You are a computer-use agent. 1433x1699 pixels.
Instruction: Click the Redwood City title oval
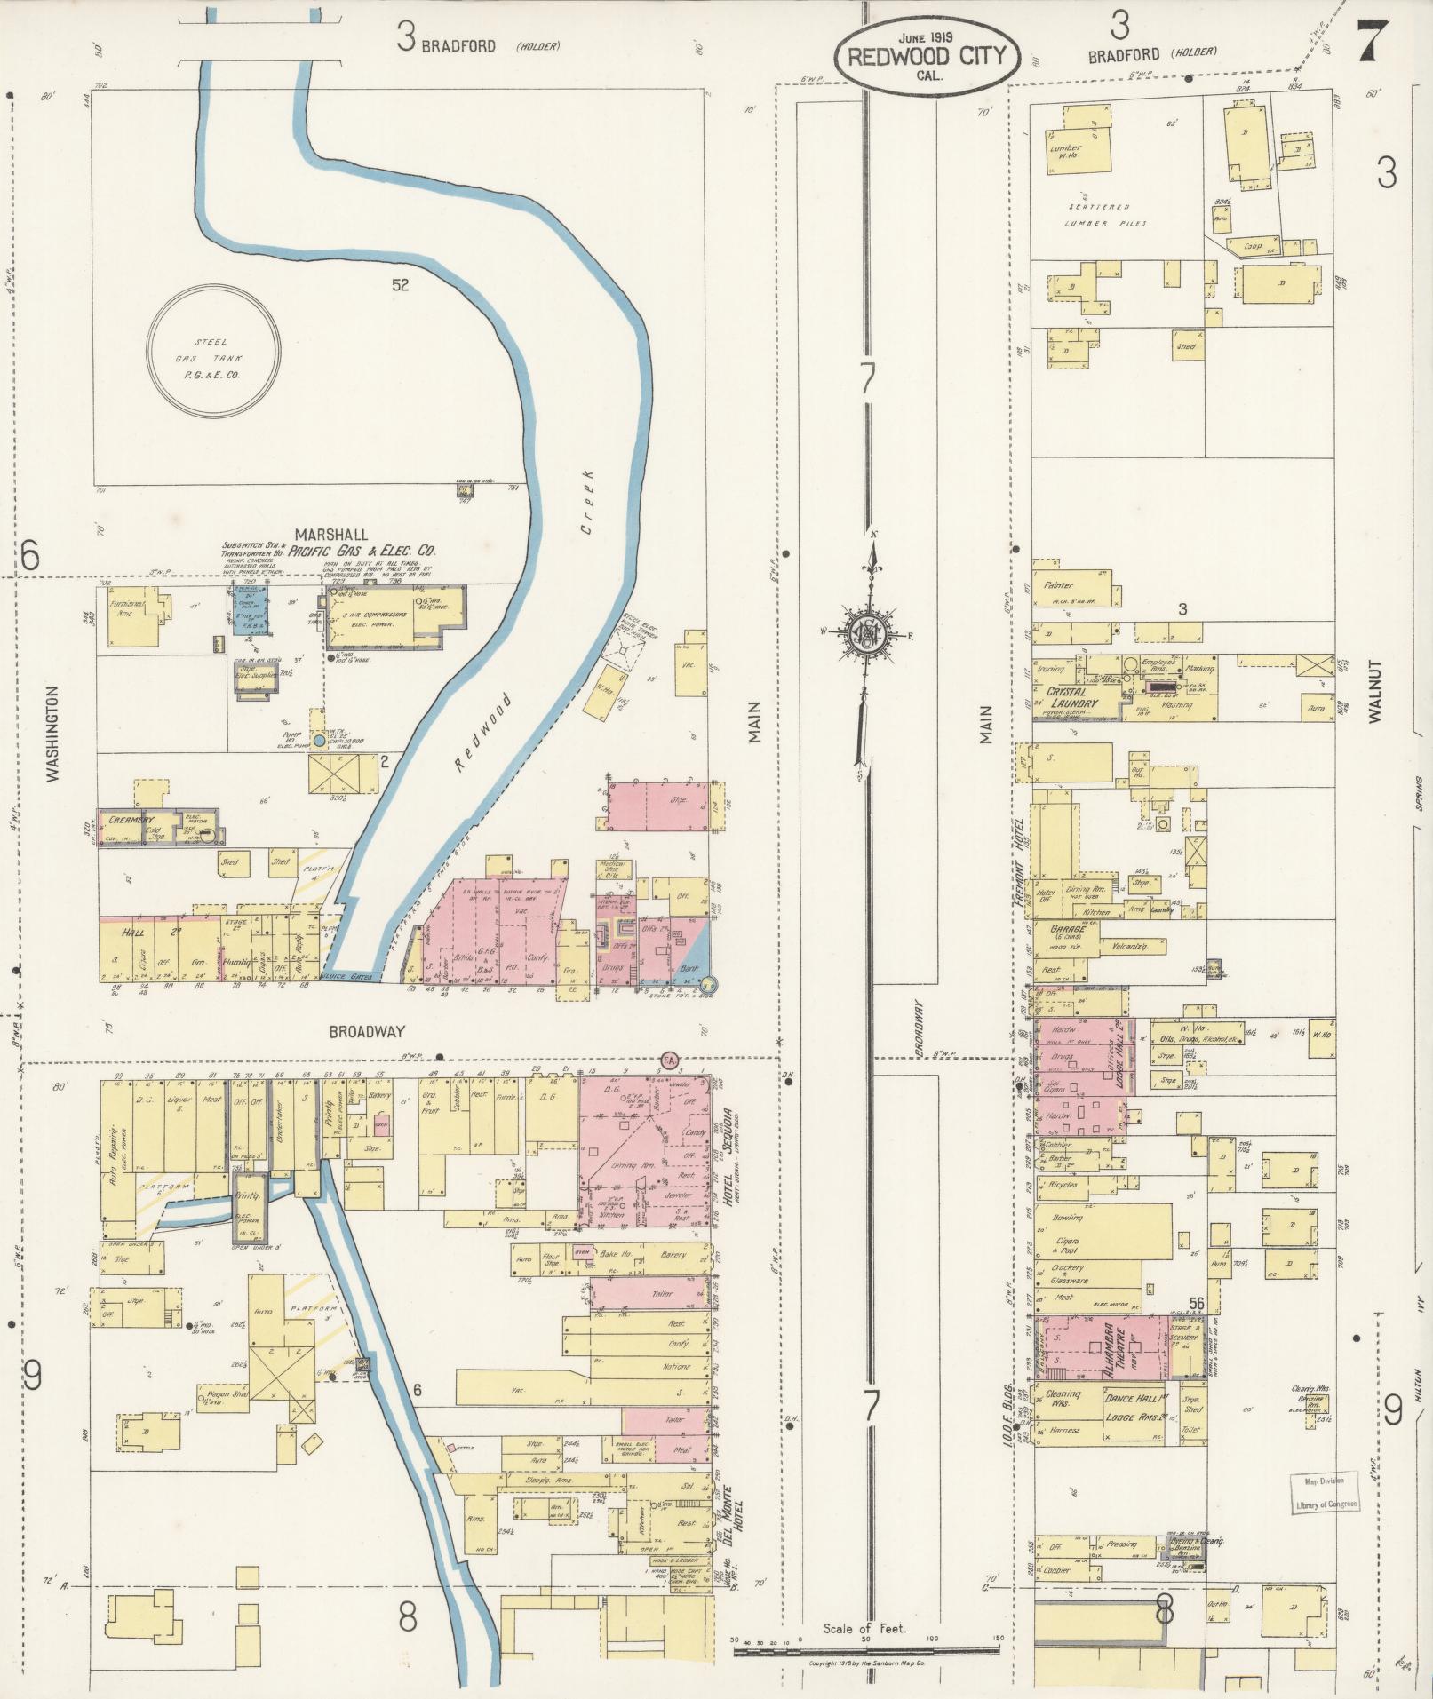coord(924,55)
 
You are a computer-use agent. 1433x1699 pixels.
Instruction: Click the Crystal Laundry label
coord(1072,697)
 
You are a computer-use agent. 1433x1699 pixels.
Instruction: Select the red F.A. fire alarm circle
coord(669,1060)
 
